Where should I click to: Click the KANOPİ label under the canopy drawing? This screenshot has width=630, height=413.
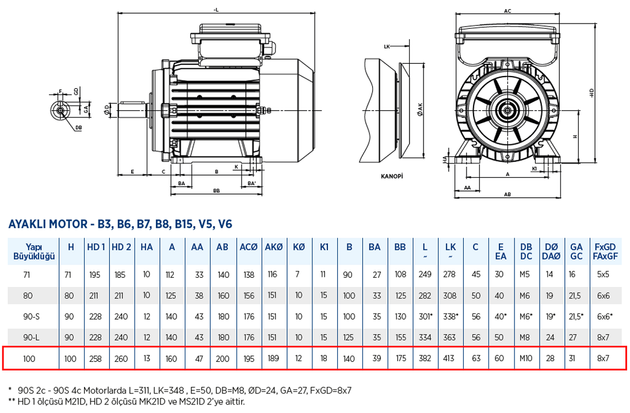tap(391, 177)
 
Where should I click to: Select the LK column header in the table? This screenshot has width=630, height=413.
tap(450, 251)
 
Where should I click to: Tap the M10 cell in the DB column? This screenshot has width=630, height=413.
tap(526, 358)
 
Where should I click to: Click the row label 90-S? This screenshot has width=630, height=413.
tap(30, 316)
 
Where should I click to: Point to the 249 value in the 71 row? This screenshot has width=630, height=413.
tap(425, 274)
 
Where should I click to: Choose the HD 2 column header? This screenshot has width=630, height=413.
tap(121, 247)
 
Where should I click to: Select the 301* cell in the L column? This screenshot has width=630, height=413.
tap(426, 316)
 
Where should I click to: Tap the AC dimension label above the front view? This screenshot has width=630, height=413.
tap(507, 11)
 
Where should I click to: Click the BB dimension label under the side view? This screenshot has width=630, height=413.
tap(216, 190)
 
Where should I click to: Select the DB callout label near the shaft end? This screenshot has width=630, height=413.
tap(78, 128)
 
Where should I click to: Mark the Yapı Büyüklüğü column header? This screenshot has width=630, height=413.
tap(33, 251)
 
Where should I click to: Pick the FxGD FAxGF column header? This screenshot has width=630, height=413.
tap(605, 251)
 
